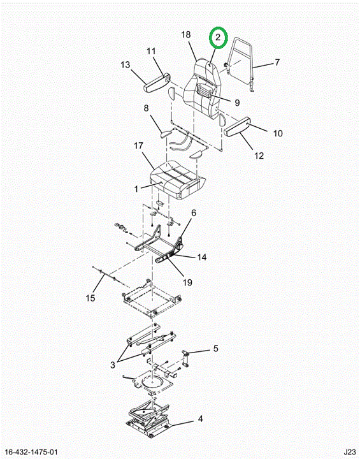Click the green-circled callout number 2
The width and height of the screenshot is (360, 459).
point(218,37)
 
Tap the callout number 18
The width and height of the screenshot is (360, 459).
point(186,34)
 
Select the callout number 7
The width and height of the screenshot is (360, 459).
point(277,62)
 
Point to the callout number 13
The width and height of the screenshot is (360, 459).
point(126,64)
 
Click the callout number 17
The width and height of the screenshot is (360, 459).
point(138,145)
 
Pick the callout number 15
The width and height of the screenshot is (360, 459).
point(90,298)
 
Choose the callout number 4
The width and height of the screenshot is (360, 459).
point(200,419)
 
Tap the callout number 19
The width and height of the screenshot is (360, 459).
point(187,282)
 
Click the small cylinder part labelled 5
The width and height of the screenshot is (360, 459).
point(185,358)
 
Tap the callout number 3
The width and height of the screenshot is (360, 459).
point(113,365)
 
